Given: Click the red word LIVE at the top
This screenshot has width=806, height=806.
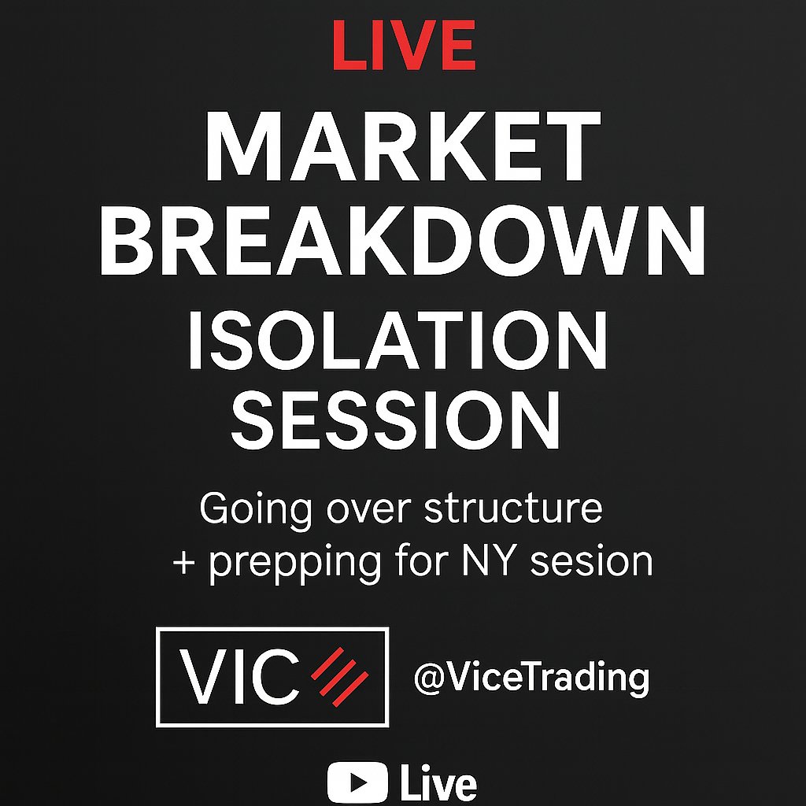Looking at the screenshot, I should [x=404, y=45].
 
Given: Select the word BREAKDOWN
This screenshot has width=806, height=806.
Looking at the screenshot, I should [x=402, y=238].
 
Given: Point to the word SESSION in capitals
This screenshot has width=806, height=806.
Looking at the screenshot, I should [x=397, y=422].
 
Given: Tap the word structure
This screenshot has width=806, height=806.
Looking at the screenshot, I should [x=513, y=509].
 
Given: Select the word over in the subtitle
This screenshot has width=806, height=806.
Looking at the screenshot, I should [x=365, y=510].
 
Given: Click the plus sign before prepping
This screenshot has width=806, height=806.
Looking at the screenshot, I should [x=183, y=564].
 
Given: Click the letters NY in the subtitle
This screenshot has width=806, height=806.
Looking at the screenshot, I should [x=493, y=562].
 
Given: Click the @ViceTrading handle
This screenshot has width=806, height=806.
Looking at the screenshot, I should [x=531, y=677].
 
